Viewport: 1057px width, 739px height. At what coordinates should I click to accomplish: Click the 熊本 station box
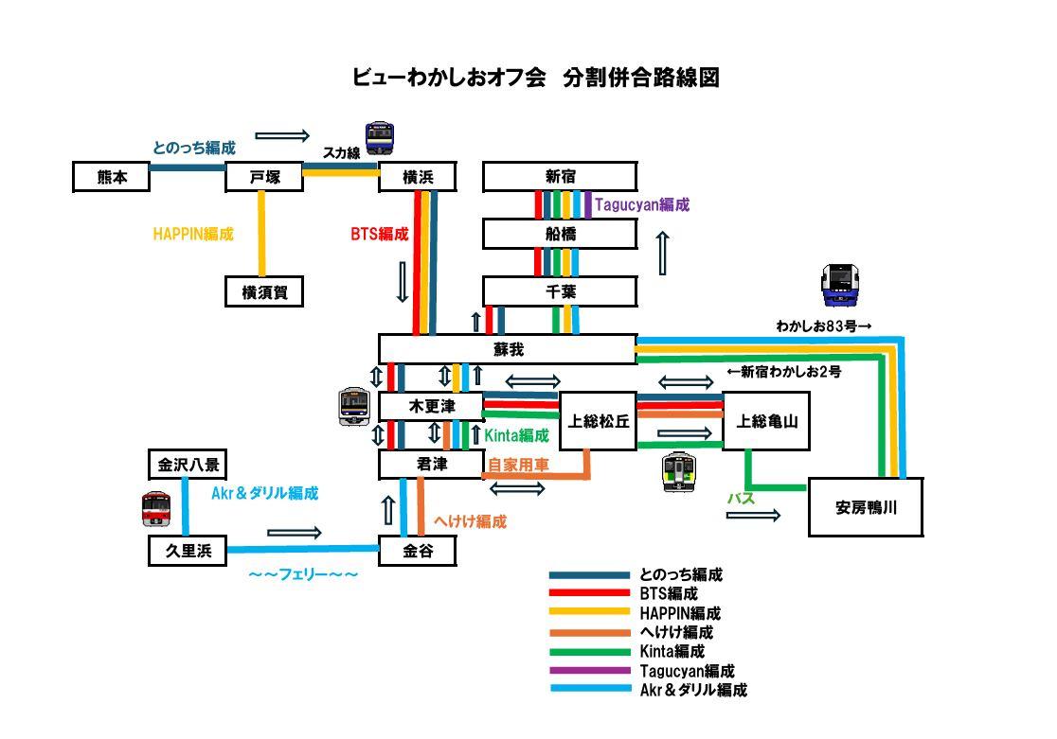[x=111, y=177]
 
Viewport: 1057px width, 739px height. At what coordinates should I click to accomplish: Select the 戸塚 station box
[x=264, y=177]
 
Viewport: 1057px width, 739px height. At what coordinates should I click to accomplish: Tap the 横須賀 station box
[x=264, y=291]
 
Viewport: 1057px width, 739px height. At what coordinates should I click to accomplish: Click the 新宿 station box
[x=560, y=177]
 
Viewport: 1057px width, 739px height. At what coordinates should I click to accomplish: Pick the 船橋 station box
[x=560, y=234]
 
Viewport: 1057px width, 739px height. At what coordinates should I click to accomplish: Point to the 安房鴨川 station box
[x=866, y=507]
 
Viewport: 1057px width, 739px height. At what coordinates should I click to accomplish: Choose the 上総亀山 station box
[x=766, y=421]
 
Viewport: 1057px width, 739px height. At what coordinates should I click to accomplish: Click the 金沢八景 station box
[x=188, y=465]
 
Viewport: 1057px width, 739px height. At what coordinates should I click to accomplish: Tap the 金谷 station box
[x=418, y=551]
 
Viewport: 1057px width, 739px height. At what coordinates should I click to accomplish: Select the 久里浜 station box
[x=188, y=551]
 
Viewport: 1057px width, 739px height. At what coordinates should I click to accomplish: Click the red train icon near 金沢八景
[x=156, y=509]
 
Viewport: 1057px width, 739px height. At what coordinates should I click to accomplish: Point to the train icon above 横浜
[x=380, y=138]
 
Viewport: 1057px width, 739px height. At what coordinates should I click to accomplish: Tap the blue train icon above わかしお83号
[x=840, y=285]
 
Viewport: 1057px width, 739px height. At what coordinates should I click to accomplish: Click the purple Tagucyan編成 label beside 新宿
[x=642, y=204]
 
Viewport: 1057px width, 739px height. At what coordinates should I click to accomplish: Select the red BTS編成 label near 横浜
[x=380, y=234]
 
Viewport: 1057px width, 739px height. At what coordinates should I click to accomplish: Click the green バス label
[x=741, y=499]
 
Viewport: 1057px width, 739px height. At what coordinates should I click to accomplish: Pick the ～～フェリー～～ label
[x=303, y=574]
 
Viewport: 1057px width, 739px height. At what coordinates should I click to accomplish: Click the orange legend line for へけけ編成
[x=590, y=633]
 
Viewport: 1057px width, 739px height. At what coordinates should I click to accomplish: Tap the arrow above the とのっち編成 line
[x=282, y=136]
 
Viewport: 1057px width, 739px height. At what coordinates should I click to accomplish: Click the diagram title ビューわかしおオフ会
[x=449, y=77]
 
